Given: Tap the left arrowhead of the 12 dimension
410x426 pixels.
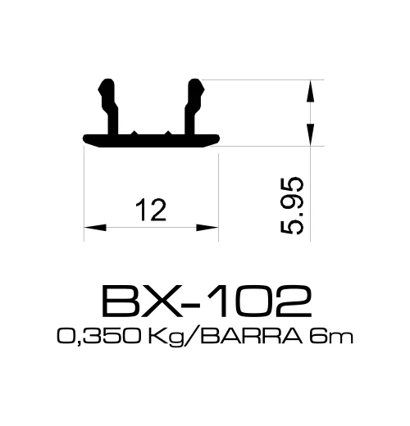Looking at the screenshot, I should [90, 224].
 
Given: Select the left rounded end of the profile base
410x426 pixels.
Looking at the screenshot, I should [86, 138].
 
